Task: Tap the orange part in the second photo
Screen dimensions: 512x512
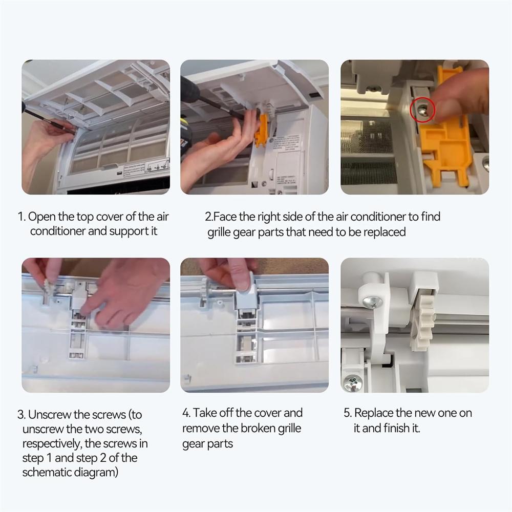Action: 261,131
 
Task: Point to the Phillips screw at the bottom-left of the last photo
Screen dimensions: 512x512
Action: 352,382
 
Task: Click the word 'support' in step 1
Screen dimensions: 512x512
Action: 129,231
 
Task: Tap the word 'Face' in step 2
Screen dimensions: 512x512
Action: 225,217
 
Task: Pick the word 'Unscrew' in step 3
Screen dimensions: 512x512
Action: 49,415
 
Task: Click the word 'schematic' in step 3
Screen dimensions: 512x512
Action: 47,472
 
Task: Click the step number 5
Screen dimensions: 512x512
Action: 347,413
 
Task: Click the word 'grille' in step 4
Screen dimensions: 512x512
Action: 291,428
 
